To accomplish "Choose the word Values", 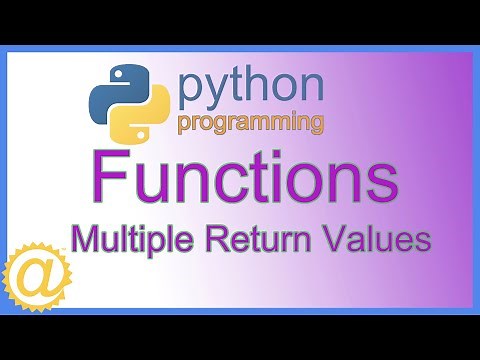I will [372, 240].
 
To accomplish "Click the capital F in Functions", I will [103, 181].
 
